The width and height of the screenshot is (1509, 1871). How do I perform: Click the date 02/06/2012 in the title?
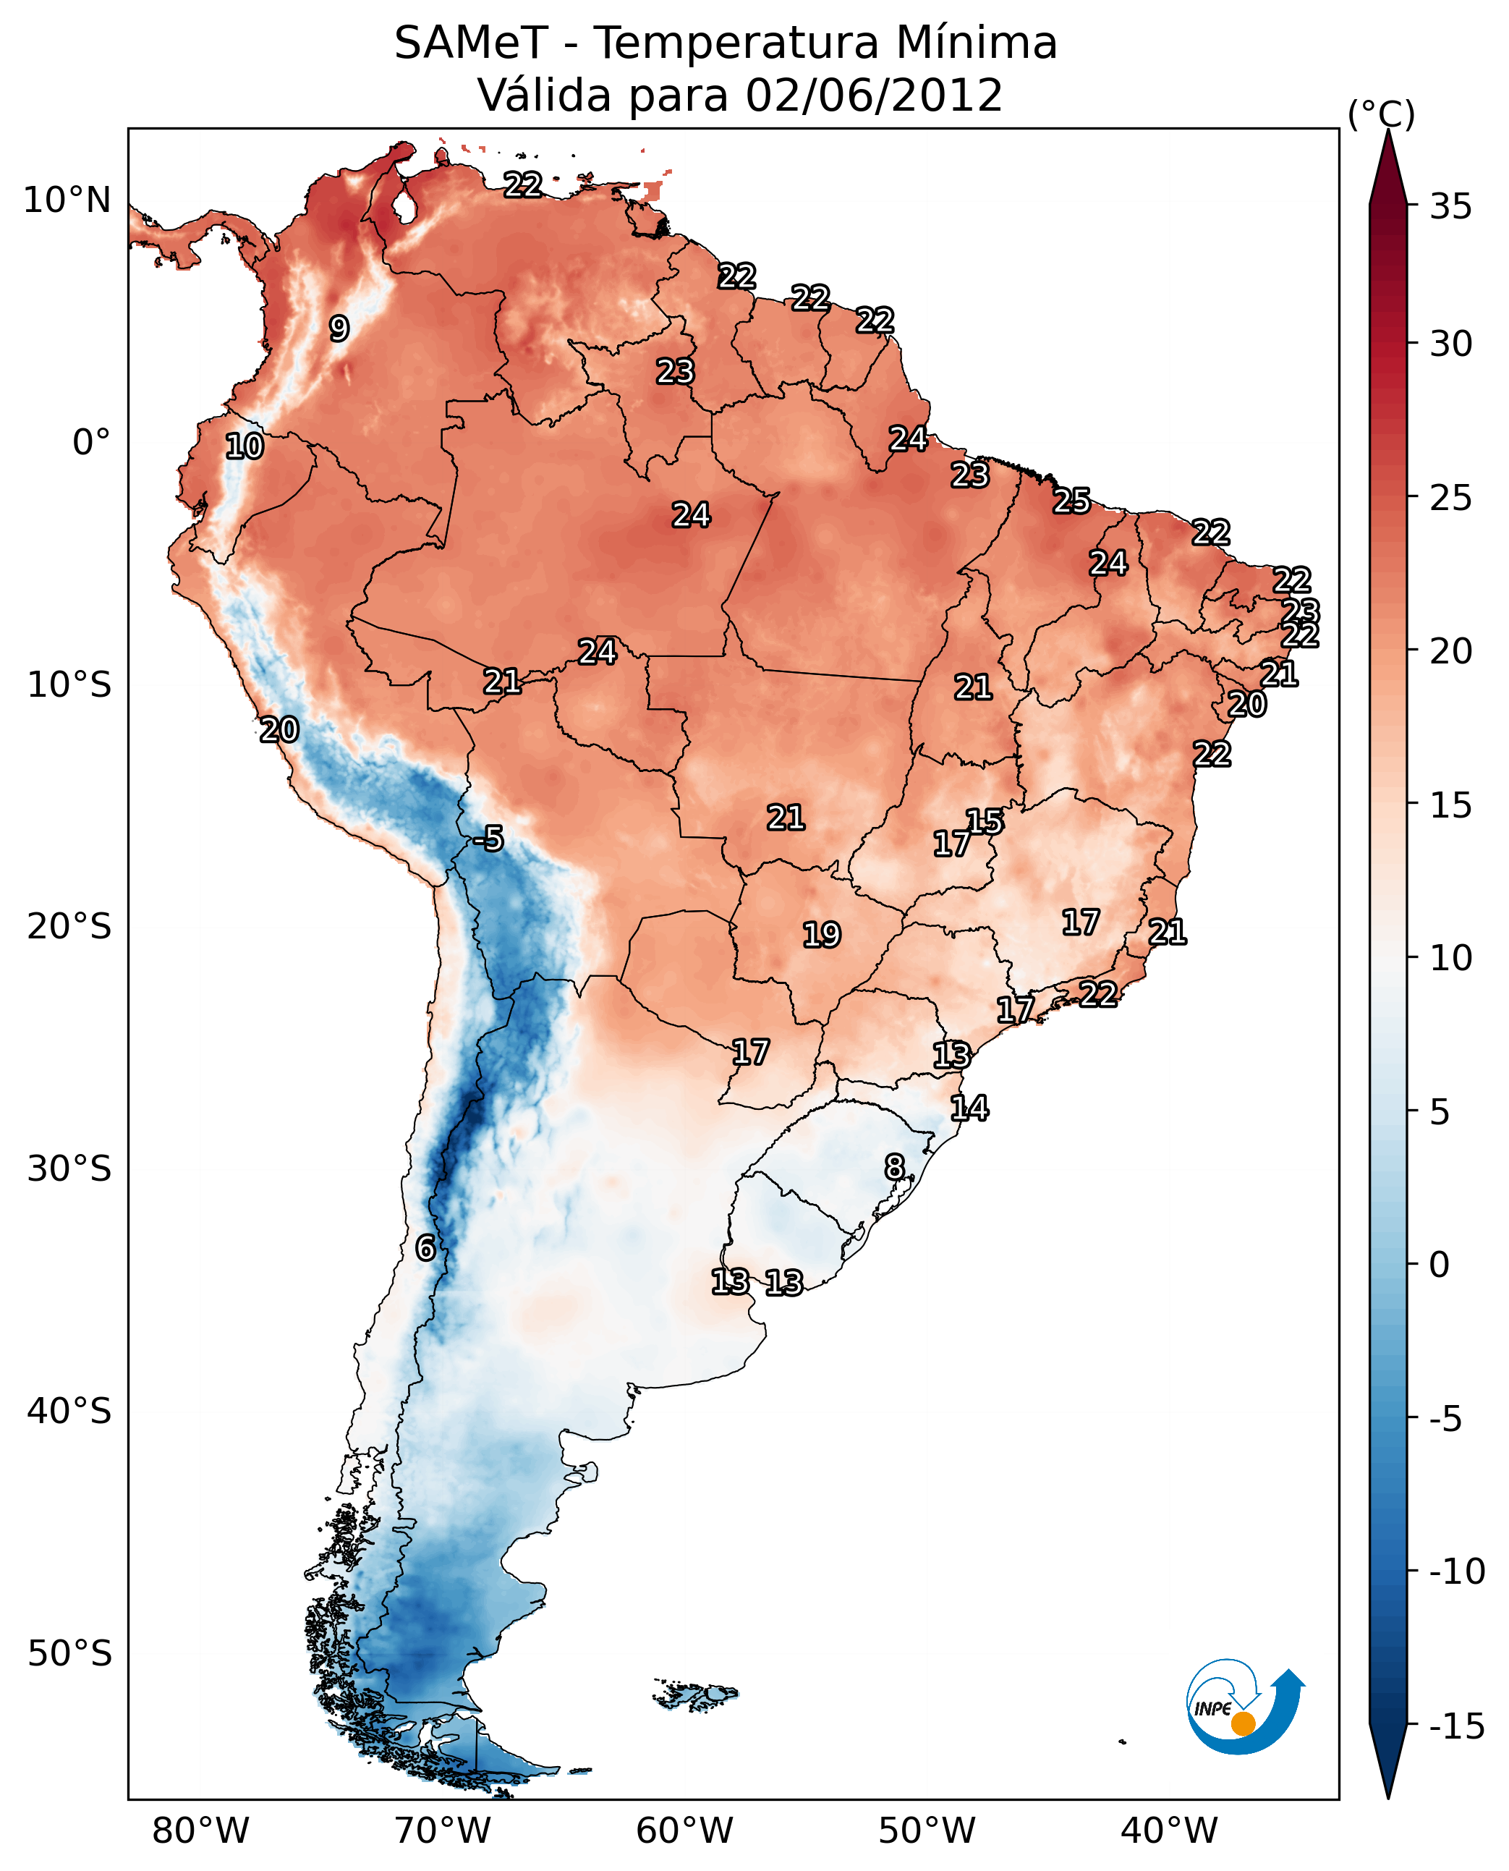pyautogui.click(x=874, y=96)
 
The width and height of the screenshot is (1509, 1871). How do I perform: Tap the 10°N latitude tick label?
pyautogui.click(x=67, y=201)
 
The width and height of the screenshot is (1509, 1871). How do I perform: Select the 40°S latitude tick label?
pyautogui.click(x=69, y=1411)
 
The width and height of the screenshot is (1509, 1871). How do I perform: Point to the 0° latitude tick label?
pyautogui.click(x=91, y=443)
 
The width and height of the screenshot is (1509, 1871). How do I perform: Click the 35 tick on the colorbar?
pyautogui.click(x=1450, y=207)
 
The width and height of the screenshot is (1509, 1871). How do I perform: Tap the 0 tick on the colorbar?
pyautogui.click(x=1440, y=1265)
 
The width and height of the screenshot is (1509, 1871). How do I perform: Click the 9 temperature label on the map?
pyautogui.click(x=339, y=328)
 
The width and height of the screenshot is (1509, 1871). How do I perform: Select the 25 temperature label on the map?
pyautogui.click(x=1072, y=501)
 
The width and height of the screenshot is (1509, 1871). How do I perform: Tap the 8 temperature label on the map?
pyautogui.click(x=894, y=1167)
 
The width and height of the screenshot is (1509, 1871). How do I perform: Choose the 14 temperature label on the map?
pyautogui.click(x=969, y=1108)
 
